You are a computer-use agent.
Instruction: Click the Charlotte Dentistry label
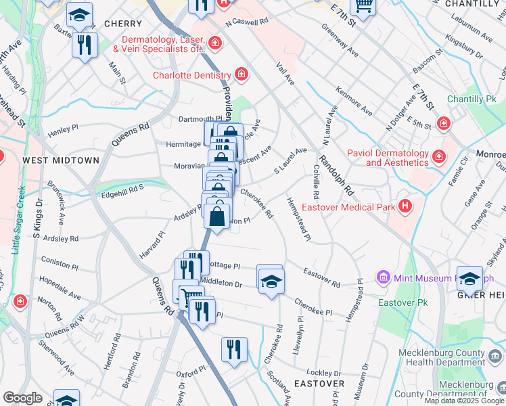(191, 75)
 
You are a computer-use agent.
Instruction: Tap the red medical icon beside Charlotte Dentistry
(241, 74)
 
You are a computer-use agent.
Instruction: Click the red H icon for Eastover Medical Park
(405, 206)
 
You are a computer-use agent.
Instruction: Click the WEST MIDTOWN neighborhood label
(61, 160)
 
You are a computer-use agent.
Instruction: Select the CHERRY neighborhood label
(123, 24)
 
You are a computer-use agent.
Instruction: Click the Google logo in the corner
(23, 397)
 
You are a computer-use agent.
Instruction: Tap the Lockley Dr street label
(323, 373)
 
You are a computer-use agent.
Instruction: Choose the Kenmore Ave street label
(354, 101)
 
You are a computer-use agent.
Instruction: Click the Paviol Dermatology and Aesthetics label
(388, 158)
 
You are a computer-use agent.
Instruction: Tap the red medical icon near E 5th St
(443, 123)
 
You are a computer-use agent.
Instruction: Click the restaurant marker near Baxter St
(85, 45)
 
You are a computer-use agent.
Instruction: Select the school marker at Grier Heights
(469, 278)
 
